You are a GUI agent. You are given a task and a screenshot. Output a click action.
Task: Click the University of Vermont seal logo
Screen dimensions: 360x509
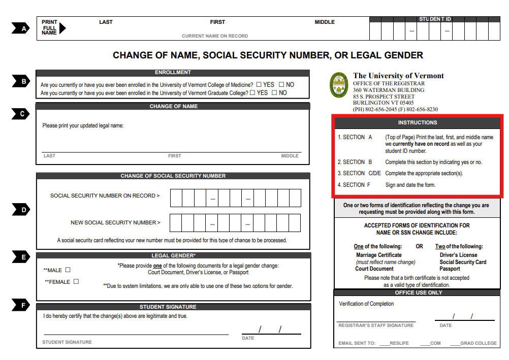(339, 85)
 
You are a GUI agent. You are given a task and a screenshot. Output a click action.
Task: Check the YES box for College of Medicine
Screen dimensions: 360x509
(259, 85)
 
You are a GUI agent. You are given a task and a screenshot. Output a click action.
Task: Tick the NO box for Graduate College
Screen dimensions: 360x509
(274, 93)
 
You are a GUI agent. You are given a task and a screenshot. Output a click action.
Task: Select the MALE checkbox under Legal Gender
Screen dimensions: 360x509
(68, 270)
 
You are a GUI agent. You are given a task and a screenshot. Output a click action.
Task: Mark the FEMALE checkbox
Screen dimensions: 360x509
(76, 281)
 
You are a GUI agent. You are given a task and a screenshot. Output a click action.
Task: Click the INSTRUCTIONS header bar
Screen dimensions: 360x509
(418, 123)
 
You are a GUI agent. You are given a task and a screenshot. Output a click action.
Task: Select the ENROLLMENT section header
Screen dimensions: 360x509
(173, 73)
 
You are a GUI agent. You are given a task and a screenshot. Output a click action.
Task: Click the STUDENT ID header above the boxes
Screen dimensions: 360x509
(435, 19)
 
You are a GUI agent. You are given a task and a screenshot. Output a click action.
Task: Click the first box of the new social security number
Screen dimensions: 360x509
(176, 223)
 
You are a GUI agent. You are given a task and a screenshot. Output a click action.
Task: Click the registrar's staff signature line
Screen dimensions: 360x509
(376, 321)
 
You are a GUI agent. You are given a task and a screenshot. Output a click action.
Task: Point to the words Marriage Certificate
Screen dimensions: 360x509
(379, 255)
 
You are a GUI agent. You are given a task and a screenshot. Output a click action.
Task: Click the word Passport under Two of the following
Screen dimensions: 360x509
(450, 269)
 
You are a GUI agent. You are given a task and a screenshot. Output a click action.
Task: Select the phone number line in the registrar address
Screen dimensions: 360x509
(395, 109)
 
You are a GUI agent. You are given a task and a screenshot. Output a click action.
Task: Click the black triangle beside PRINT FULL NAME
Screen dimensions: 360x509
(62, 28)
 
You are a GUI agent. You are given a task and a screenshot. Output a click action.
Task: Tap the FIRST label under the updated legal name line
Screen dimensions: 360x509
(174, 156)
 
